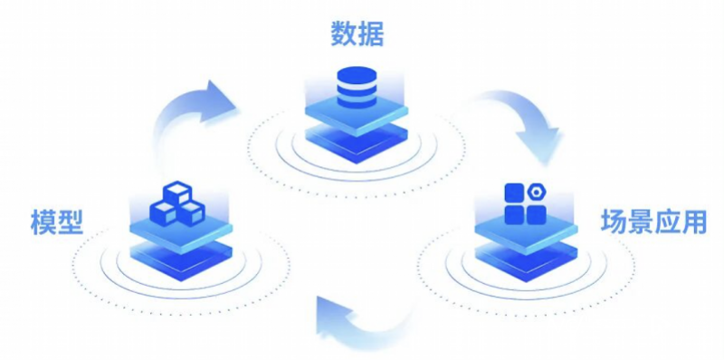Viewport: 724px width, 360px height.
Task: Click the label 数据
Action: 357,33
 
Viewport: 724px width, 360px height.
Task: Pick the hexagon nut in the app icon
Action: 537,193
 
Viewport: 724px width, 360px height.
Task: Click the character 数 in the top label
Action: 343,33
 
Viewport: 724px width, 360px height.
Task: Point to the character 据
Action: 370,33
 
